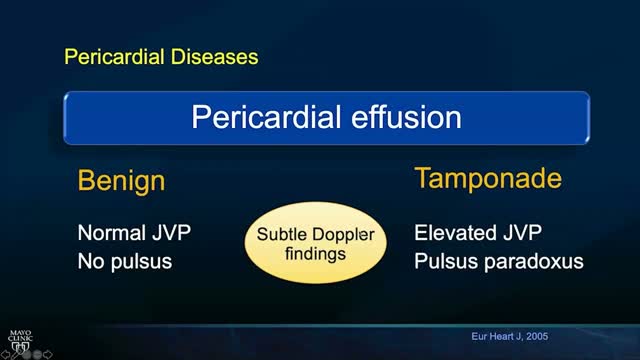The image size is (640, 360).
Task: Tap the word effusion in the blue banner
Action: [400, 118]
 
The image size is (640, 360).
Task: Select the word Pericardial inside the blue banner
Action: [260, 118]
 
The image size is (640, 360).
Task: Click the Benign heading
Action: [121, 182]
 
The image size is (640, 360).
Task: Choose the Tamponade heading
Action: [487, 180]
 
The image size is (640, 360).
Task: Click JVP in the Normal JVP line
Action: [170, 234]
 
